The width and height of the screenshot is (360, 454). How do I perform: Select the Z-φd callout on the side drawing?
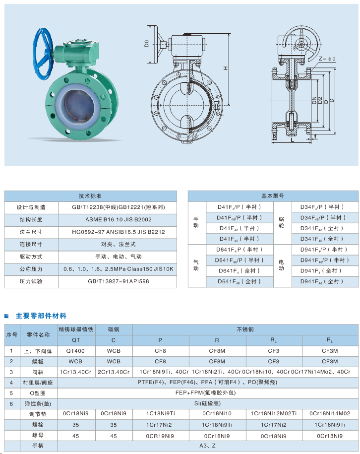(x=328, y=59)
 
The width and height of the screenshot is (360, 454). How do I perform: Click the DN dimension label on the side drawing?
(x=314, y=102)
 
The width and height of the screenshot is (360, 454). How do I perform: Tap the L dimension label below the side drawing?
(x=293, y=140)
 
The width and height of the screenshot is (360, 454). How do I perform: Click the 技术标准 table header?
(x=90, y=196)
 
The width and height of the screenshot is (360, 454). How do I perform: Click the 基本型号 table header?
(x=273, y=196)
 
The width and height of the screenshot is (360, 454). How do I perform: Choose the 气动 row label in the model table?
(x=196, y=265)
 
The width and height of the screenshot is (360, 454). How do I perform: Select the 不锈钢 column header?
(x=245, y=329)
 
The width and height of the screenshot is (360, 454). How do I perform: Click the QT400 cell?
(x=76, y=351)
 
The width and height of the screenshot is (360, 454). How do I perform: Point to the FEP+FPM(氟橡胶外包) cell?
(x=208, y=392)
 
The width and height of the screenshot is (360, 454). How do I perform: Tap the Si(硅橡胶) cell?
(x=208, y=403)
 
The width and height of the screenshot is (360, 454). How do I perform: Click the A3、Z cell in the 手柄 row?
(x=208, y=447)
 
